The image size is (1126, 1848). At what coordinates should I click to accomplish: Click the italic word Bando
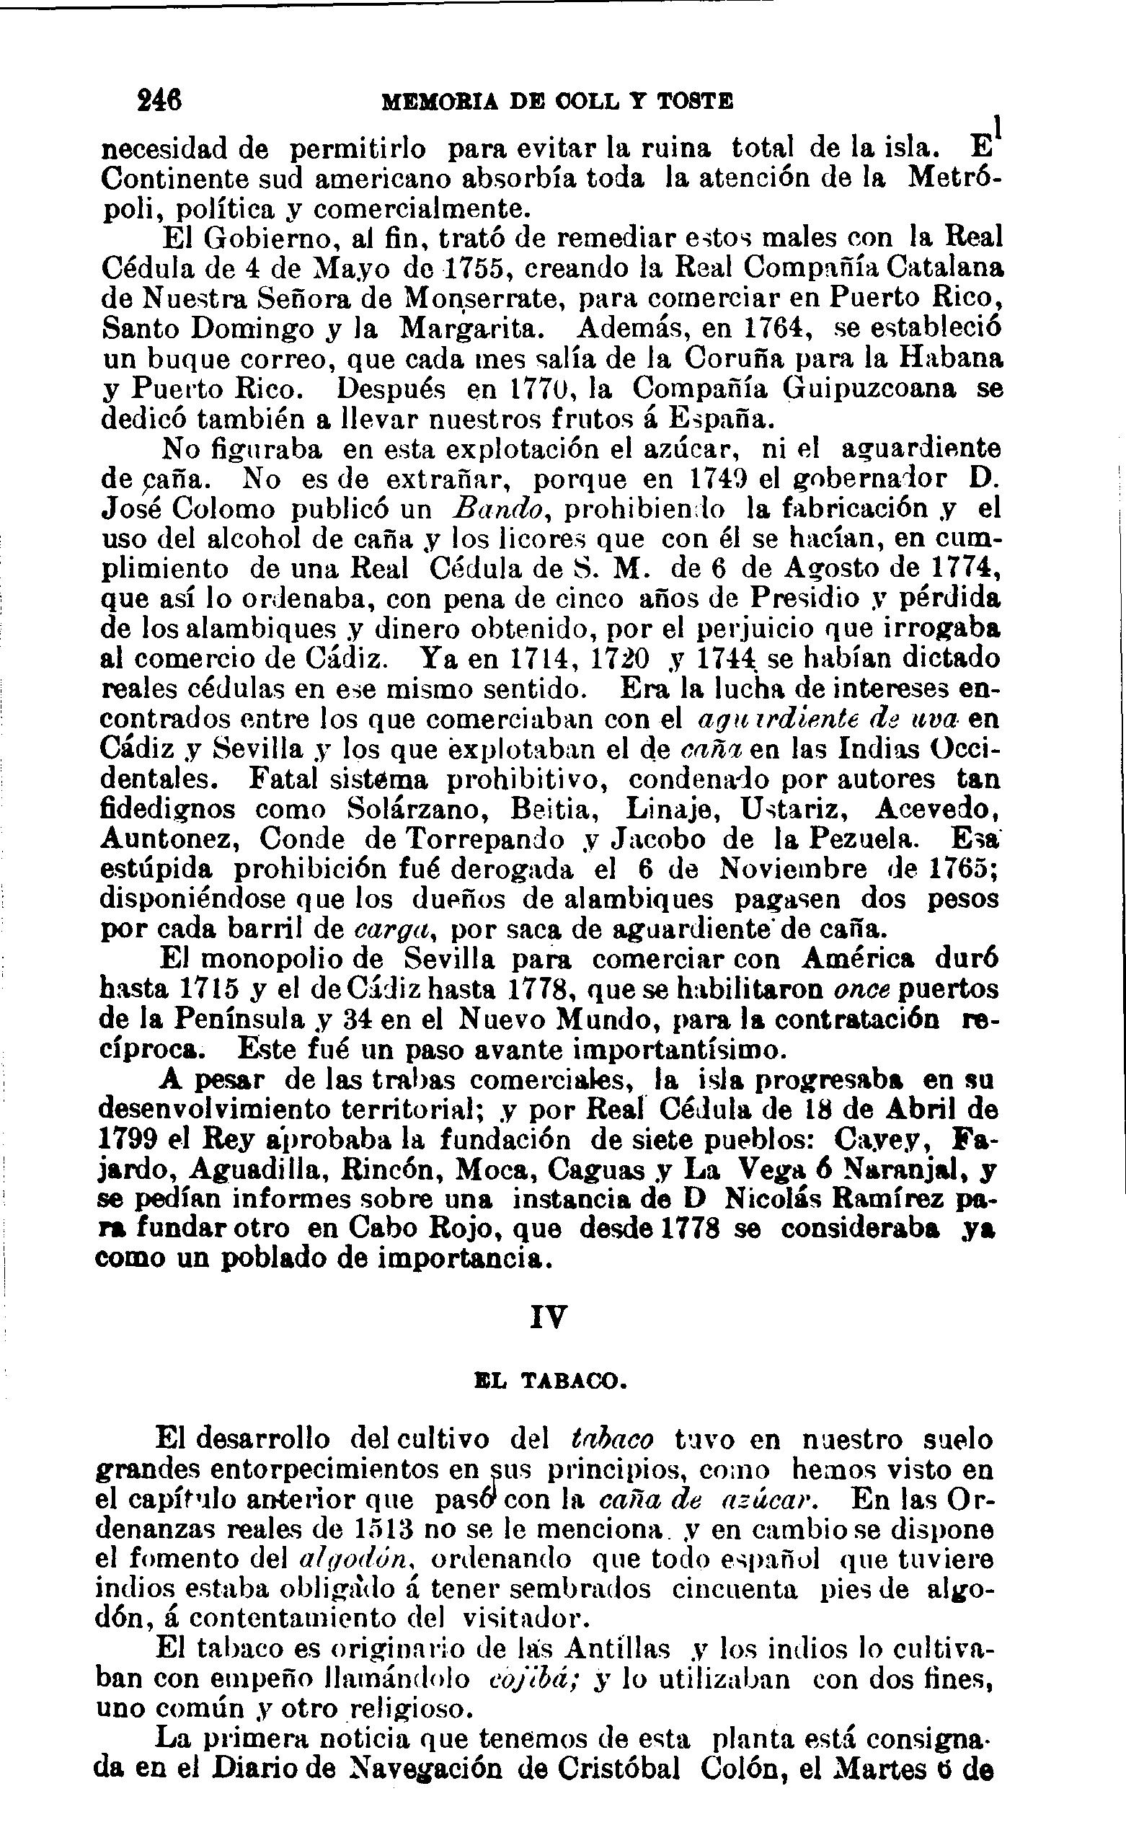(x=498, y=509)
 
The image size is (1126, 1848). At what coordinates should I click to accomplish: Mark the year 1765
(x=960, y=870)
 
